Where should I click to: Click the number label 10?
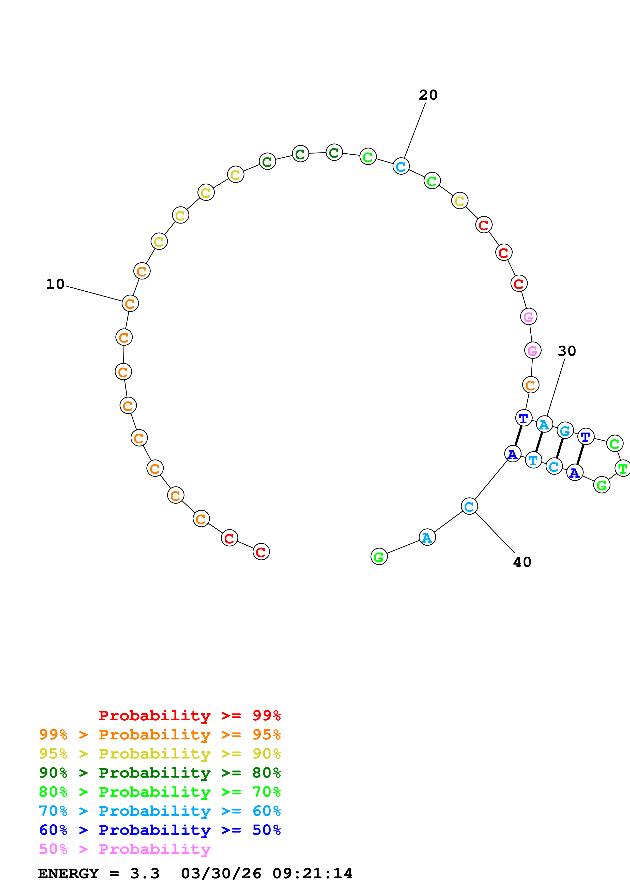(55, 284)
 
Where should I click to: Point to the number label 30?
(566, 351)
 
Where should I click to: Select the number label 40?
(522, 562)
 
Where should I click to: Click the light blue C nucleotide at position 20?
(401, 166)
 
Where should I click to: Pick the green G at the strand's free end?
(379, 557)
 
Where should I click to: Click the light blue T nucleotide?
(533, 460)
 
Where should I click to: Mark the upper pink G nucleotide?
(528, 317)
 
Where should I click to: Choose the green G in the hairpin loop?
(602, 485)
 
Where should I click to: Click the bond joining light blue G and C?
(559, 448)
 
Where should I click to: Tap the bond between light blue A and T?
(539, 442)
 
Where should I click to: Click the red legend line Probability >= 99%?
(189, 715)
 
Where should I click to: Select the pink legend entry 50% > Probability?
(125, 849)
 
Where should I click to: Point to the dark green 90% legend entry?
(160, 773)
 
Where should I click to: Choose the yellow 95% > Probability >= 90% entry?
(160, 754)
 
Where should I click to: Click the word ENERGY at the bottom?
(68, 873)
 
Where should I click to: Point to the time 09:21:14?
(312, 873)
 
